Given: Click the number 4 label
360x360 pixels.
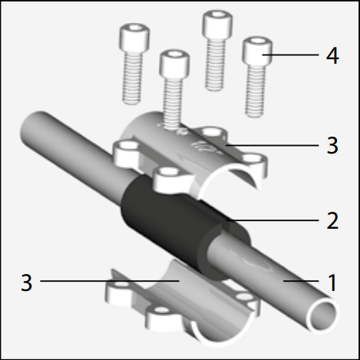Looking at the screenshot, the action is pyautogui.click(x=332, y=55).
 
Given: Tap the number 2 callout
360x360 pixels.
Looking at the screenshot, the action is pyautogui.click(x=332, y=220).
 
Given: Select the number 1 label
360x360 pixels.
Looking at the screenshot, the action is pyautogui.click(x=332, y=282).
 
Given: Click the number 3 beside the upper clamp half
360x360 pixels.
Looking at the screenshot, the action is pyautogui.click(x=332, y=145).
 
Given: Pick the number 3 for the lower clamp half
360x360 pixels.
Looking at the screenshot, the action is pyautogui.click(x=27, y=282).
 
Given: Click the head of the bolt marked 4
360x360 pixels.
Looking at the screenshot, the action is pyautogui.click(x=257, y=51).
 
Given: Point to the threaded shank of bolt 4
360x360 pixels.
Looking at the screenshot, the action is pyautogui.click(x=255, y=91).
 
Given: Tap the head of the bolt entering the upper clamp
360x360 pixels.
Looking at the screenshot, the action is pyautogui.click(x=174, y=64).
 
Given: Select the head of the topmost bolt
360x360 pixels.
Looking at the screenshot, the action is pyautogui.click(x=217, y=24).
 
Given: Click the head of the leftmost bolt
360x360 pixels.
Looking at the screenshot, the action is pyautogui.click(x=134, y=38).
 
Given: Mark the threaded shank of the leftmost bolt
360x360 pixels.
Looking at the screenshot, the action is pyautogui.click(x=132, y=78).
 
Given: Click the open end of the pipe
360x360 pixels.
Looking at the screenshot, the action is pyautogui.click(x=323, y=314).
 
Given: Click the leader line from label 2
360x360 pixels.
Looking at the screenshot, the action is pyautogui.click(x=272, y=220).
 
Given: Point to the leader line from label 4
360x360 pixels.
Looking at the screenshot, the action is pyautogui.click(x=290, y=54).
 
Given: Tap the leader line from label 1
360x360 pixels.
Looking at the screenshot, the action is pyautogui.click(x=301, y=281).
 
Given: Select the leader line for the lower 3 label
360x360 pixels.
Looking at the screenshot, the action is pyautogui.click(x=110, y=281).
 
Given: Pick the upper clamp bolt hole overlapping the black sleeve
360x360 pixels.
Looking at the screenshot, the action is pyautogui.click(x=169, y=171).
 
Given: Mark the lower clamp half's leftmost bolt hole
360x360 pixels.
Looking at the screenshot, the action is pyautogui.click(x=121, y=285).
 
